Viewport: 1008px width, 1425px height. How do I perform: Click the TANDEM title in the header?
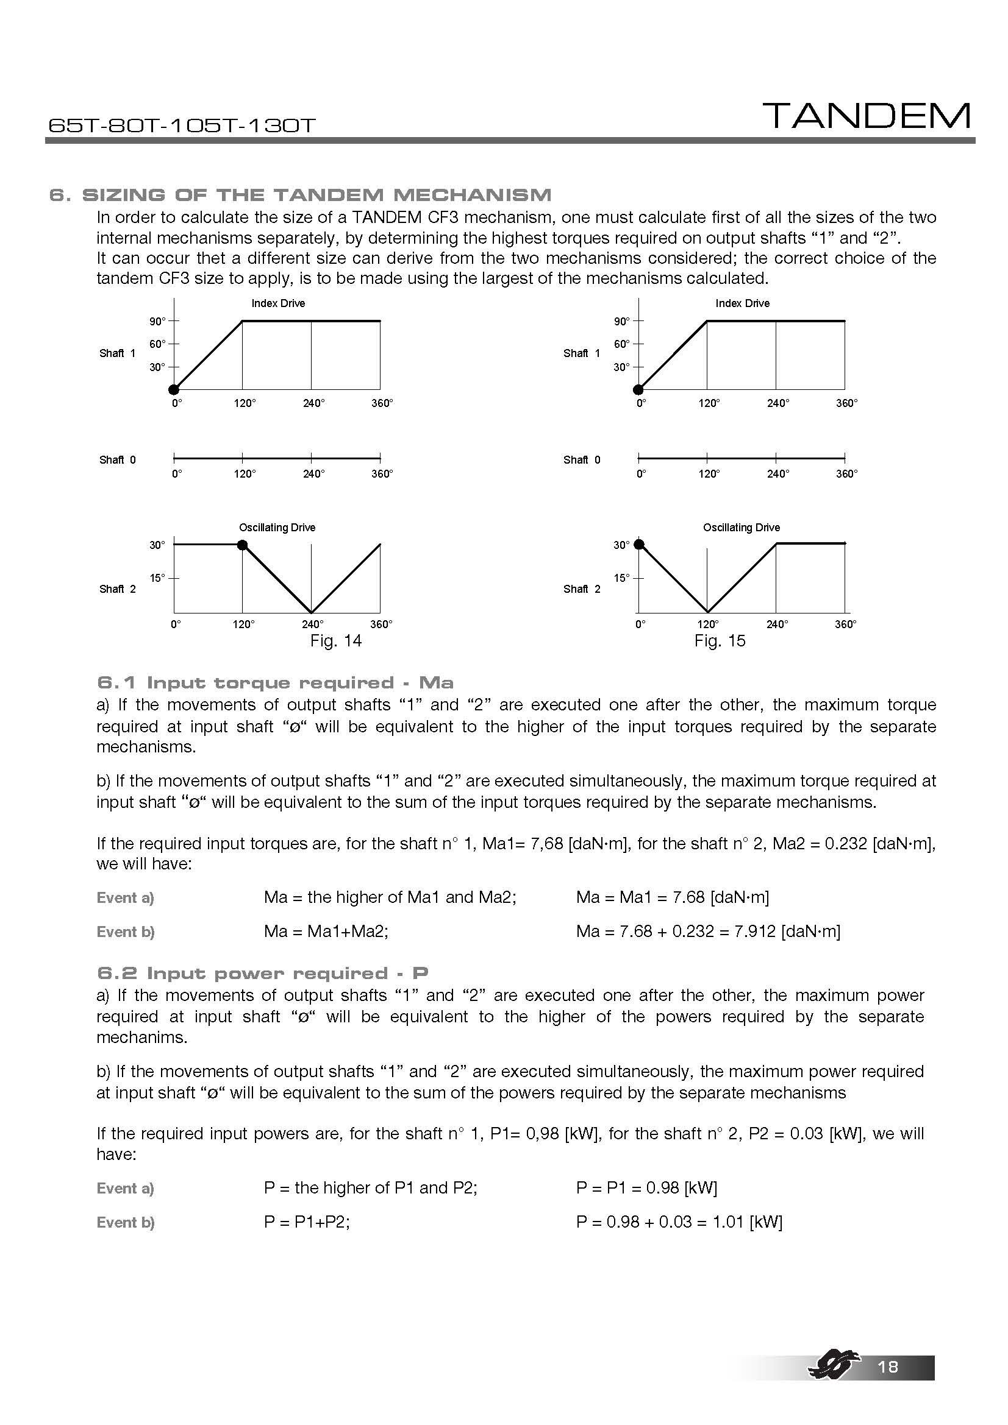867,116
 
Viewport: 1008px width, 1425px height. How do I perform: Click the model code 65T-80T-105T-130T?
182,126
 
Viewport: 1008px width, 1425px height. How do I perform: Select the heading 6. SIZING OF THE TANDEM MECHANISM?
300,195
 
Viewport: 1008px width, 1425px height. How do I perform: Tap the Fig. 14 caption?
335,640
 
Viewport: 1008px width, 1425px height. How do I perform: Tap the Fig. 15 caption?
719,640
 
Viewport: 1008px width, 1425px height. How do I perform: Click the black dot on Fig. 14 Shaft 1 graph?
174,390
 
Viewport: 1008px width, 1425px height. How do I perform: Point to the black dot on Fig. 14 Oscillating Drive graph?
243,545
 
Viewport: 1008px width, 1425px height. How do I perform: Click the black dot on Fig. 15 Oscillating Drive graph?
638,544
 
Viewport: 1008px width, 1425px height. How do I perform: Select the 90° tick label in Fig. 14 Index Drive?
157,322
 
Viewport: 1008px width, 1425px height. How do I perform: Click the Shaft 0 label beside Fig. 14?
117,460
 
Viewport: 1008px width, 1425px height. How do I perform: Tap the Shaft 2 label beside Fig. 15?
581,589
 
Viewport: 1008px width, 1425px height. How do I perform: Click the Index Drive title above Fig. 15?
742,303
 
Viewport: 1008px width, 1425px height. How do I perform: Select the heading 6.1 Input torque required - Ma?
275,684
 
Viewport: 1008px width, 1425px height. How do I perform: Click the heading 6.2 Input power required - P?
263,973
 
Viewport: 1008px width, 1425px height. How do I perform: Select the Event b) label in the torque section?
126,932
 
